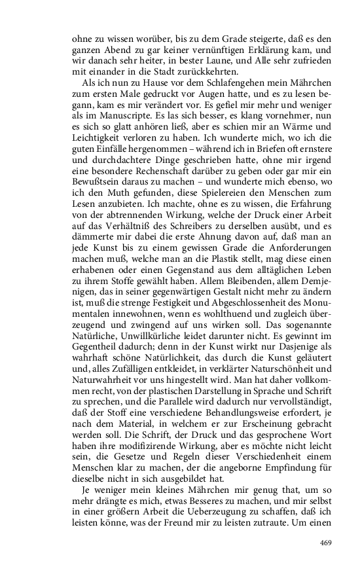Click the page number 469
pos(327,543)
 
